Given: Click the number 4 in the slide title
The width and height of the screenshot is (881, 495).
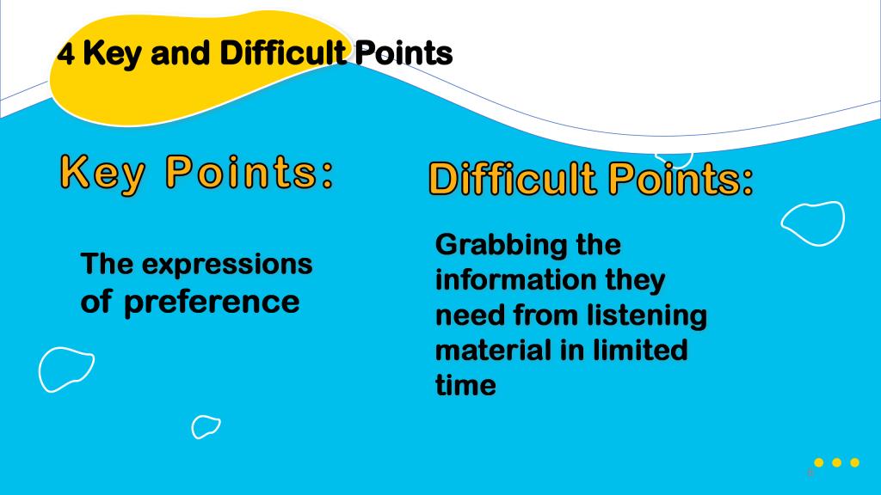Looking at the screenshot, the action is (65, 54).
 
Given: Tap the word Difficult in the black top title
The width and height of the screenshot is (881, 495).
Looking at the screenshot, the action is (282, 52).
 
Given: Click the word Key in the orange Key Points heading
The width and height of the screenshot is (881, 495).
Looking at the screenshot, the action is (102, 174).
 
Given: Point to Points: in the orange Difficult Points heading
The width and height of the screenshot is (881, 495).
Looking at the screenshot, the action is (681, 179).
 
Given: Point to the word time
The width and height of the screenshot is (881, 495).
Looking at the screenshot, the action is (465, 385).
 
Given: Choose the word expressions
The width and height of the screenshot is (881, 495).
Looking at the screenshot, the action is (227, 265).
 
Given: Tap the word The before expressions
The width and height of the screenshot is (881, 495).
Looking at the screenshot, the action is (107, 264).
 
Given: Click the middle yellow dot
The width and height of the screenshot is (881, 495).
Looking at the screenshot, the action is (836, 462).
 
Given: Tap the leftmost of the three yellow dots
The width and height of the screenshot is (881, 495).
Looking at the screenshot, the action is (819, 462).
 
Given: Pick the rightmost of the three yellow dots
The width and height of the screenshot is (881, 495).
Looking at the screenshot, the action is (854, 462).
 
